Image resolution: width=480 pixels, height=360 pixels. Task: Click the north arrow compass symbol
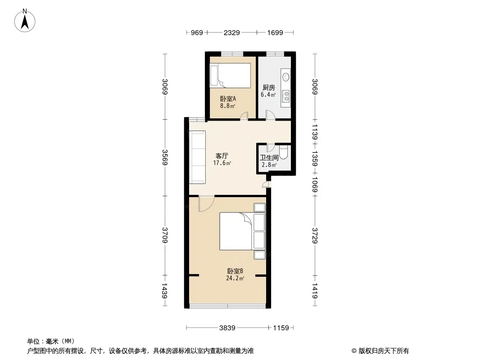click(25, 21)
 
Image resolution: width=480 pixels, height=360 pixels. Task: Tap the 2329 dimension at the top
click(232, 32)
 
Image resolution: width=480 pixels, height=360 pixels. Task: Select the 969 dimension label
click(197, 32)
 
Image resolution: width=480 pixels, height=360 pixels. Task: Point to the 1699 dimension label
click(275, 32)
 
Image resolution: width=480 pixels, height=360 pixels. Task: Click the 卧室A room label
click(228, 99)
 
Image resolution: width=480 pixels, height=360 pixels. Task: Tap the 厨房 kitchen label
click(268, 87)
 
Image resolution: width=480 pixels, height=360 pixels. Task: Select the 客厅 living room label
click(222, 156)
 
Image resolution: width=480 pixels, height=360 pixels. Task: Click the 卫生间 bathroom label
click(269, 158)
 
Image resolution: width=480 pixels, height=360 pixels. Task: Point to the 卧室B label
click(235, 271)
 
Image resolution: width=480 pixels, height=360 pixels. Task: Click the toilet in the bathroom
click(284, 152)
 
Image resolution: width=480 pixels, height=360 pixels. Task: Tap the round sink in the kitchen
click(286, 77)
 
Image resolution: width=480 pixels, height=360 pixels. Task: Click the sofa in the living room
click(197, 157)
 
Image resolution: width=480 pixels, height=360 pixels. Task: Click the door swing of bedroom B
click(206, 204)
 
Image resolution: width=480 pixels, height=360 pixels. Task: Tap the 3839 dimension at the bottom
click(227, 328)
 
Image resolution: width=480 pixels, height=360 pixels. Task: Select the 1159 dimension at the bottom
click(281, 328)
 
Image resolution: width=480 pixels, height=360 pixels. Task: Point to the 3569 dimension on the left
click(165, 157)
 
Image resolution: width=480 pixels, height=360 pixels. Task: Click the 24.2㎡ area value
click(235, 279)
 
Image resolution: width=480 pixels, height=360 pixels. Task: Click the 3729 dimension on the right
click(315, 235)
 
